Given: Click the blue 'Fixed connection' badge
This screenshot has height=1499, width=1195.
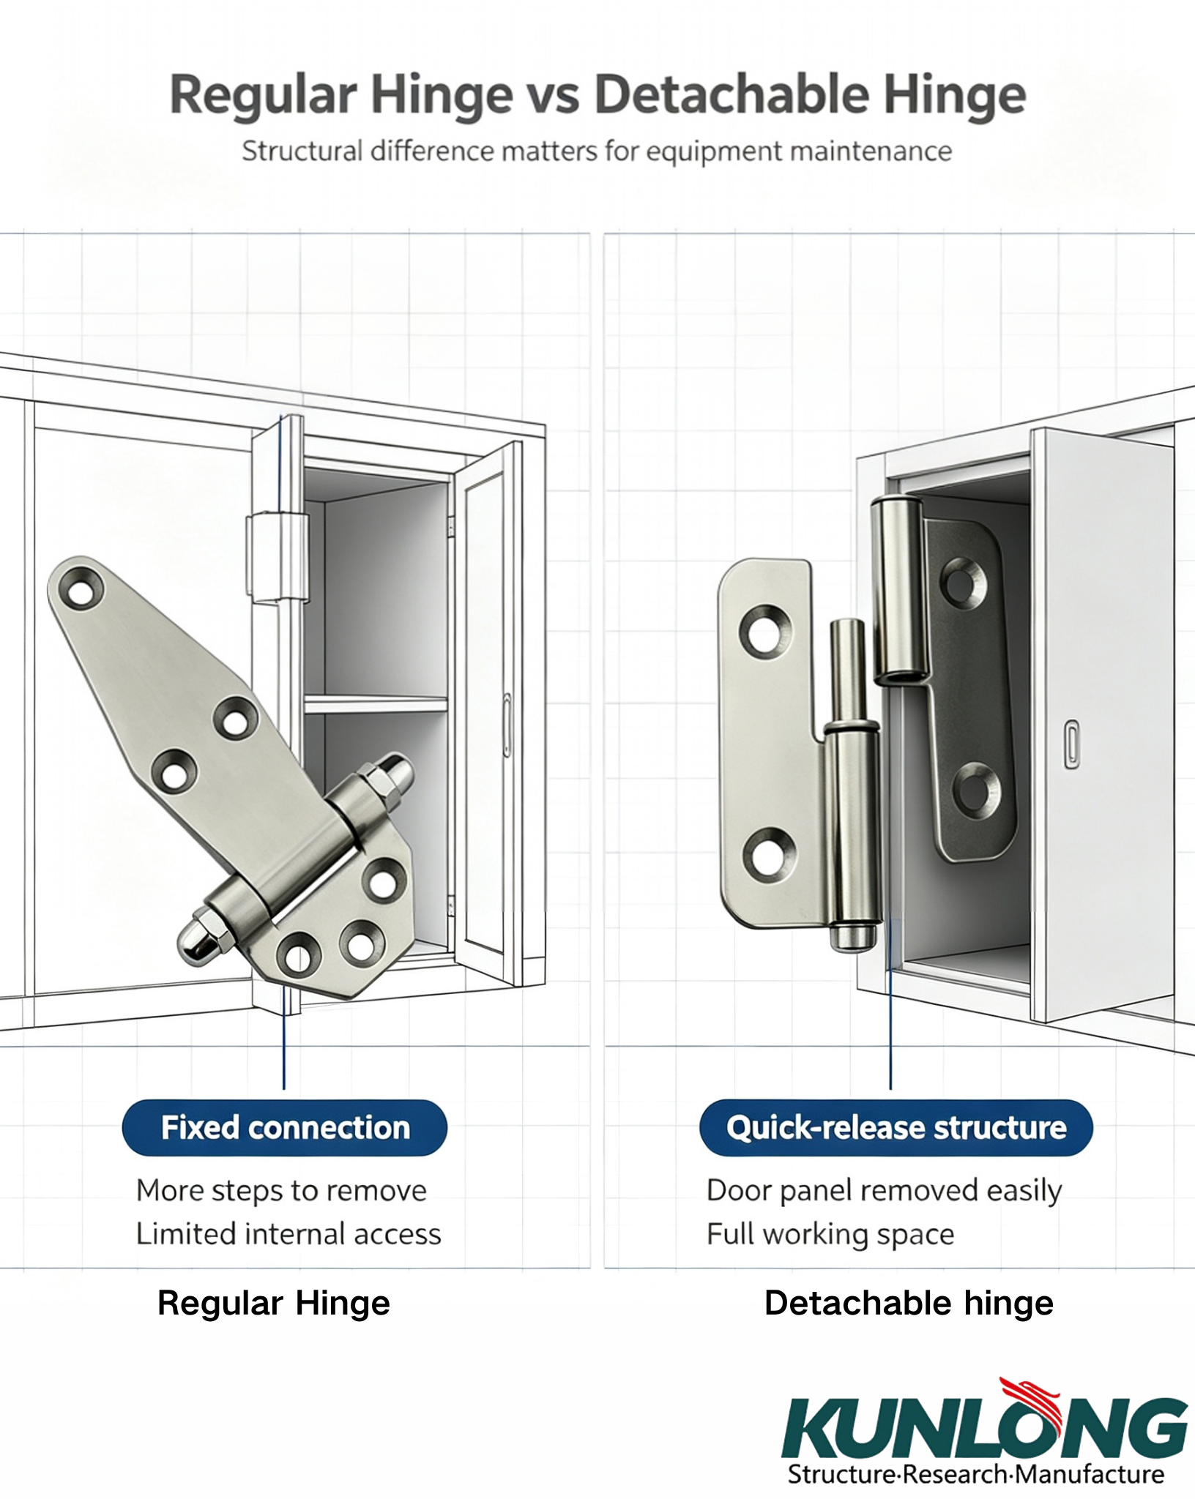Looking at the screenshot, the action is pyautogui.click(x=284, y=1128).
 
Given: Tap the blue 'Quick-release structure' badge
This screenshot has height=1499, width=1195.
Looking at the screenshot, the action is pyautogui.click(x=896, y=1128).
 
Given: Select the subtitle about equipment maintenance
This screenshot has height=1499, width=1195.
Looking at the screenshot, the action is pyautogui.click(x=597, y=152).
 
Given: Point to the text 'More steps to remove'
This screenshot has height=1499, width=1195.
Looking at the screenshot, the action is pyautogui.click(x=281, y=1191).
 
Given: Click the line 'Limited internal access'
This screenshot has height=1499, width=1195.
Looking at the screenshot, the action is pyautogui.click(x=288, y=1234).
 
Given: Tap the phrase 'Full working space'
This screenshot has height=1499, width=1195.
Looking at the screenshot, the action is pyautogui.click(x=830, y=1235).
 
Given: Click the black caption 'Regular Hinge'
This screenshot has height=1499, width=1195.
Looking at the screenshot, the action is pyautogui.click(x=274, y=1304).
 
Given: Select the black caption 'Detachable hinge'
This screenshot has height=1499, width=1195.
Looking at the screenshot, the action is pyautogui.click(x=909, y=1303).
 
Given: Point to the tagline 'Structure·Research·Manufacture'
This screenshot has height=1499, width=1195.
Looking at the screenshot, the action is pyautogui.click(x=976, y=1473).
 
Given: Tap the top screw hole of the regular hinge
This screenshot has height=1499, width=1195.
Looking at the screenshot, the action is pyautogui.click(x=80, y=589).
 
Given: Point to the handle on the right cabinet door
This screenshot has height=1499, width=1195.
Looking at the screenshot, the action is pyautogui.click(x=1071, y=744).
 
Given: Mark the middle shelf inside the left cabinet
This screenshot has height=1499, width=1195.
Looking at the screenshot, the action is pyautogui.click(x=376, y=705).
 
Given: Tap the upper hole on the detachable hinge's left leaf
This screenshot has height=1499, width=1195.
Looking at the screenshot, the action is pyautogui.click(x=765, y=630).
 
